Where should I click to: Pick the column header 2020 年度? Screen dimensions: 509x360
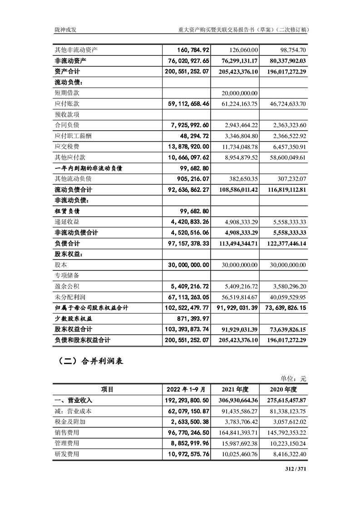284,389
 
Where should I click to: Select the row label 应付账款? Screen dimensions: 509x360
67,103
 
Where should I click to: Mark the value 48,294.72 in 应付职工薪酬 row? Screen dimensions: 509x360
192,136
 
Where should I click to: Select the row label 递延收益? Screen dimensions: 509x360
67,222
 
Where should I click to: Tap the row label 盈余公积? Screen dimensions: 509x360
67,286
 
